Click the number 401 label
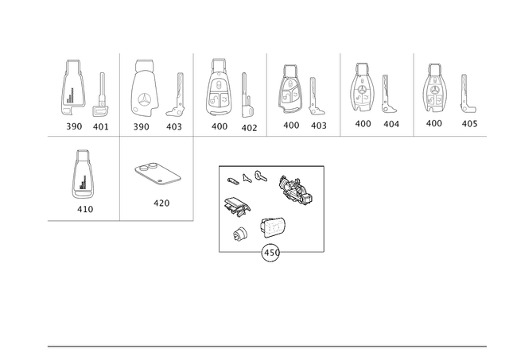pyautogui.click(x=101, y=126)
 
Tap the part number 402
pyautogui.click(x=249, y=128)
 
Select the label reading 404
pyautogui.click(x=391, y=124)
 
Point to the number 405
pyautogui.click(x=469, y=123)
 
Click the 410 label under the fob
pyautogui.click(x=85, y=209)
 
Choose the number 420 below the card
pyautogui.click(x=161, y=203)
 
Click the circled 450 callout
pyautogui.click(x=270, y=253)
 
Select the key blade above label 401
pyautogui.click(x=101, y=95)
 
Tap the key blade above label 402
pyautogui.click(x=247, y=95)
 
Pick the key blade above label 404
pyautogui.click(x=387, y=94)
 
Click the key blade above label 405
pyautogui.click(x=467, y=94)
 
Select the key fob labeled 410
pyautogui.click(x=82, y=174)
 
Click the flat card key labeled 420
pyautogui.click(x=157, y=174)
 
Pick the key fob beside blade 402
pyautogui.click(x=218, y=87)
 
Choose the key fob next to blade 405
pyautogui.click(x=435, y=88)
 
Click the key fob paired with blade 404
pyautogui.click(x=363, y=87)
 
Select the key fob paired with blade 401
pyautogui.click(x=73, y=87)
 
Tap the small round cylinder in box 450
pyautogui.click(x=240, y=234)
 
